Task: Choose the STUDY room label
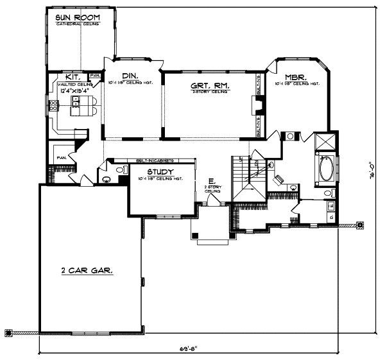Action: coord(160,172)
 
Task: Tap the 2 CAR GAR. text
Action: coord(87,271)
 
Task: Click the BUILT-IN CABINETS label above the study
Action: coord(152,161)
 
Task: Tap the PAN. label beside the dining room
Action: coord(95,76)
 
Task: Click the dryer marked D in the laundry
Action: coord(330,218)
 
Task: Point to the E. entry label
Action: coord(209,181)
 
